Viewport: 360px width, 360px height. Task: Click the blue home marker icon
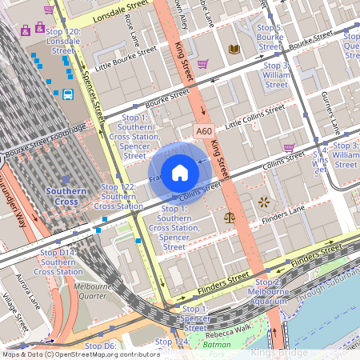point(180,172)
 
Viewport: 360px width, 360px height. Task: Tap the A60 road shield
point(204,130)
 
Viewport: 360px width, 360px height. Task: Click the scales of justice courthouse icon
point(230,215)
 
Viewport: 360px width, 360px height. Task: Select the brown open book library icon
point(234,50)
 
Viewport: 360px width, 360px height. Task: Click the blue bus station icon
point(68,94)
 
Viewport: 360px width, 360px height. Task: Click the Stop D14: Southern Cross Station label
point(58,262)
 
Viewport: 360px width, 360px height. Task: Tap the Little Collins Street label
point(255,115)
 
